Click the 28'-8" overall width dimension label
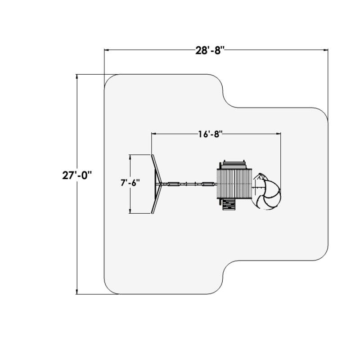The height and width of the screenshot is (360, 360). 210,50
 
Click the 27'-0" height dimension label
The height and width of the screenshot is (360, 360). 77,175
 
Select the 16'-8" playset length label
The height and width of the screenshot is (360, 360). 211,134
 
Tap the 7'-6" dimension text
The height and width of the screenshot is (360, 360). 130,183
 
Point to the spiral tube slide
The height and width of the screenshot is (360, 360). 267,191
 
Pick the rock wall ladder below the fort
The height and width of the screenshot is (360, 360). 229,204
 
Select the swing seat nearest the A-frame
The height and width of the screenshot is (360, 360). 173,184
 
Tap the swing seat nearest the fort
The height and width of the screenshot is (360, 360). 208,184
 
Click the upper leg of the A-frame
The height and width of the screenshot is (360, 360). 157,168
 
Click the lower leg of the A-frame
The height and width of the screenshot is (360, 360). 157,199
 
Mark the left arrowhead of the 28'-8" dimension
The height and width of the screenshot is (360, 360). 107,49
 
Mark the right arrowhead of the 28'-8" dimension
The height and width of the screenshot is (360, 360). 325,49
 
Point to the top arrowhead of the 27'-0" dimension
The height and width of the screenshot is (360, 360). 77,76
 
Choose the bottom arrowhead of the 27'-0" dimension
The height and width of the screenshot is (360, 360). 77,292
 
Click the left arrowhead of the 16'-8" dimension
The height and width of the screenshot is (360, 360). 154,134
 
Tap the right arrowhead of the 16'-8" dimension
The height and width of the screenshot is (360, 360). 278,134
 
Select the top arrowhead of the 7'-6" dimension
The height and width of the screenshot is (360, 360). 130,157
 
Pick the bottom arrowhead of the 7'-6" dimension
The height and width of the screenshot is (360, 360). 130,211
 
